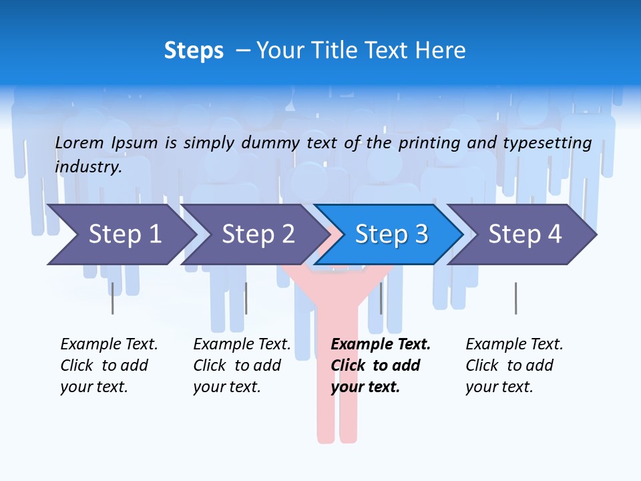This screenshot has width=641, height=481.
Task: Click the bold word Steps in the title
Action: coord(194,51)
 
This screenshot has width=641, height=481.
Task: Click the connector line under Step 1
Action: coord(112,298)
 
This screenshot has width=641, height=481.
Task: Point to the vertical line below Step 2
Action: coord(246,298)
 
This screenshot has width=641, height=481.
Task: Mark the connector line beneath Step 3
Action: coord(381,298)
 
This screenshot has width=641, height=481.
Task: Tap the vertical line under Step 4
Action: coord(515,298)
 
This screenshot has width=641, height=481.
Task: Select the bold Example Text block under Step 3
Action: coord(381,365)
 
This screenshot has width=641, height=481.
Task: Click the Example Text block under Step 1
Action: coord(109,365)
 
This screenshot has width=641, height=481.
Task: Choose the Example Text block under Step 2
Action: coord(242,365)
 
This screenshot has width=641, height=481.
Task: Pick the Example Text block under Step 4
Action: coord(514,365)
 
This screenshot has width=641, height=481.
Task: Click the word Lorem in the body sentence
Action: coord(79,142)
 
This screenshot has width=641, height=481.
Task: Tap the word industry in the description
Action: coord(88,167)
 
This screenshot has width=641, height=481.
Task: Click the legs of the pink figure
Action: coord(337,414)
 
